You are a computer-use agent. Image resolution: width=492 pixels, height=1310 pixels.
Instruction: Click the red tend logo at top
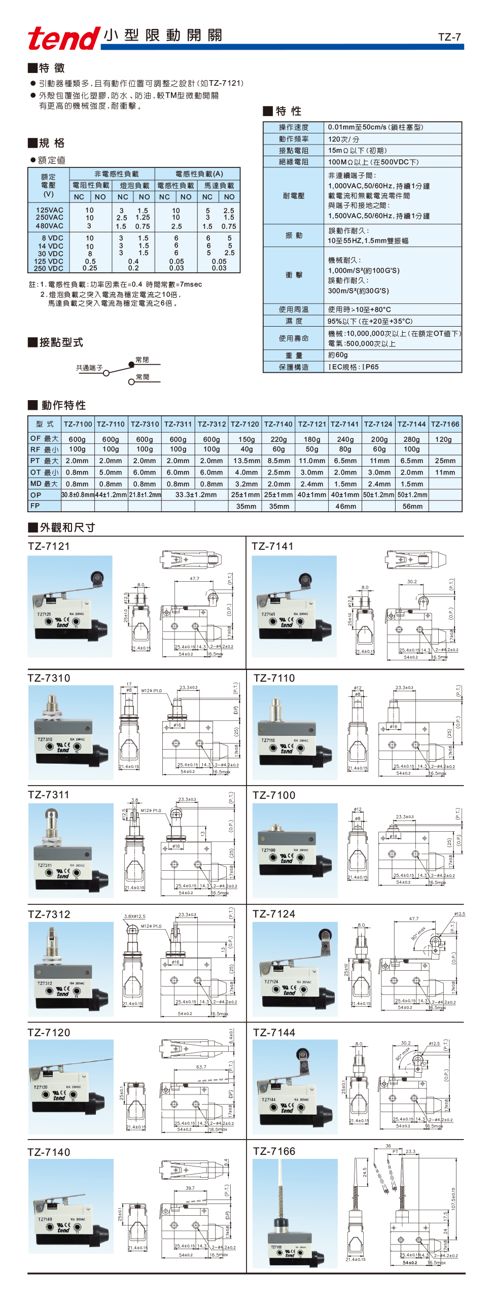(63, 38)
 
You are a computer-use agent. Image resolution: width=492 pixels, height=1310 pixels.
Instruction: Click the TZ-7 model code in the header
(449, 37)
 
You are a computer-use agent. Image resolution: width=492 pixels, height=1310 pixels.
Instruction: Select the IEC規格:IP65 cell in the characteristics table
(353, 367)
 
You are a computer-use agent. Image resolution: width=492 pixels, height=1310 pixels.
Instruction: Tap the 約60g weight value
(338, 355)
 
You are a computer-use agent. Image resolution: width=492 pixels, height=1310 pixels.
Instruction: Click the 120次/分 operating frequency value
(343, 139)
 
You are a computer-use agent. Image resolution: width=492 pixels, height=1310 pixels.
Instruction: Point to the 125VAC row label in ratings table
(49, 210)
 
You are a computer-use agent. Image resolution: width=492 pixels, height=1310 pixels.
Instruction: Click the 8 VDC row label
(52, 238)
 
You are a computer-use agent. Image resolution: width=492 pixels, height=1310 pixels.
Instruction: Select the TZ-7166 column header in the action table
(445, 423)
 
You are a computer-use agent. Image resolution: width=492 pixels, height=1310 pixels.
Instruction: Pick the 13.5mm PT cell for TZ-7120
(247, 461)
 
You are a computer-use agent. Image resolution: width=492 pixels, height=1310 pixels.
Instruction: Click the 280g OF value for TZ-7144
(412, 439)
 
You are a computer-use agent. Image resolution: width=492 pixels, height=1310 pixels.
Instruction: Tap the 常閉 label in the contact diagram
(142, 360)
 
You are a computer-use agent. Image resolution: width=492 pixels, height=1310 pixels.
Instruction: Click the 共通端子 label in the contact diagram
(89, 368)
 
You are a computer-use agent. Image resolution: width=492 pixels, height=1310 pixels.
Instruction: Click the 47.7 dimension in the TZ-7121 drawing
(194, 579)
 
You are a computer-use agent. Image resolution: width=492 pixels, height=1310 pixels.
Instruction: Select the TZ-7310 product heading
(49, 678)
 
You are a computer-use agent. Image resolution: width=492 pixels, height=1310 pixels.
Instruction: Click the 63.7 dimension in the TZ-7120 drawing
(201, 1067)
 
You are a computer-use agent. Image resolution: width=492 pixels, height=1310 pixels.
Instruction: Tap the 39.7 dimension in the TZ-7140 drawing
(190, 1188)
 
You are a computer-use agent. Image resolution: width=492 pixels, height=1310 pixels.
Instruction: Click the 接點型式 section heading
(60, 342)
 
